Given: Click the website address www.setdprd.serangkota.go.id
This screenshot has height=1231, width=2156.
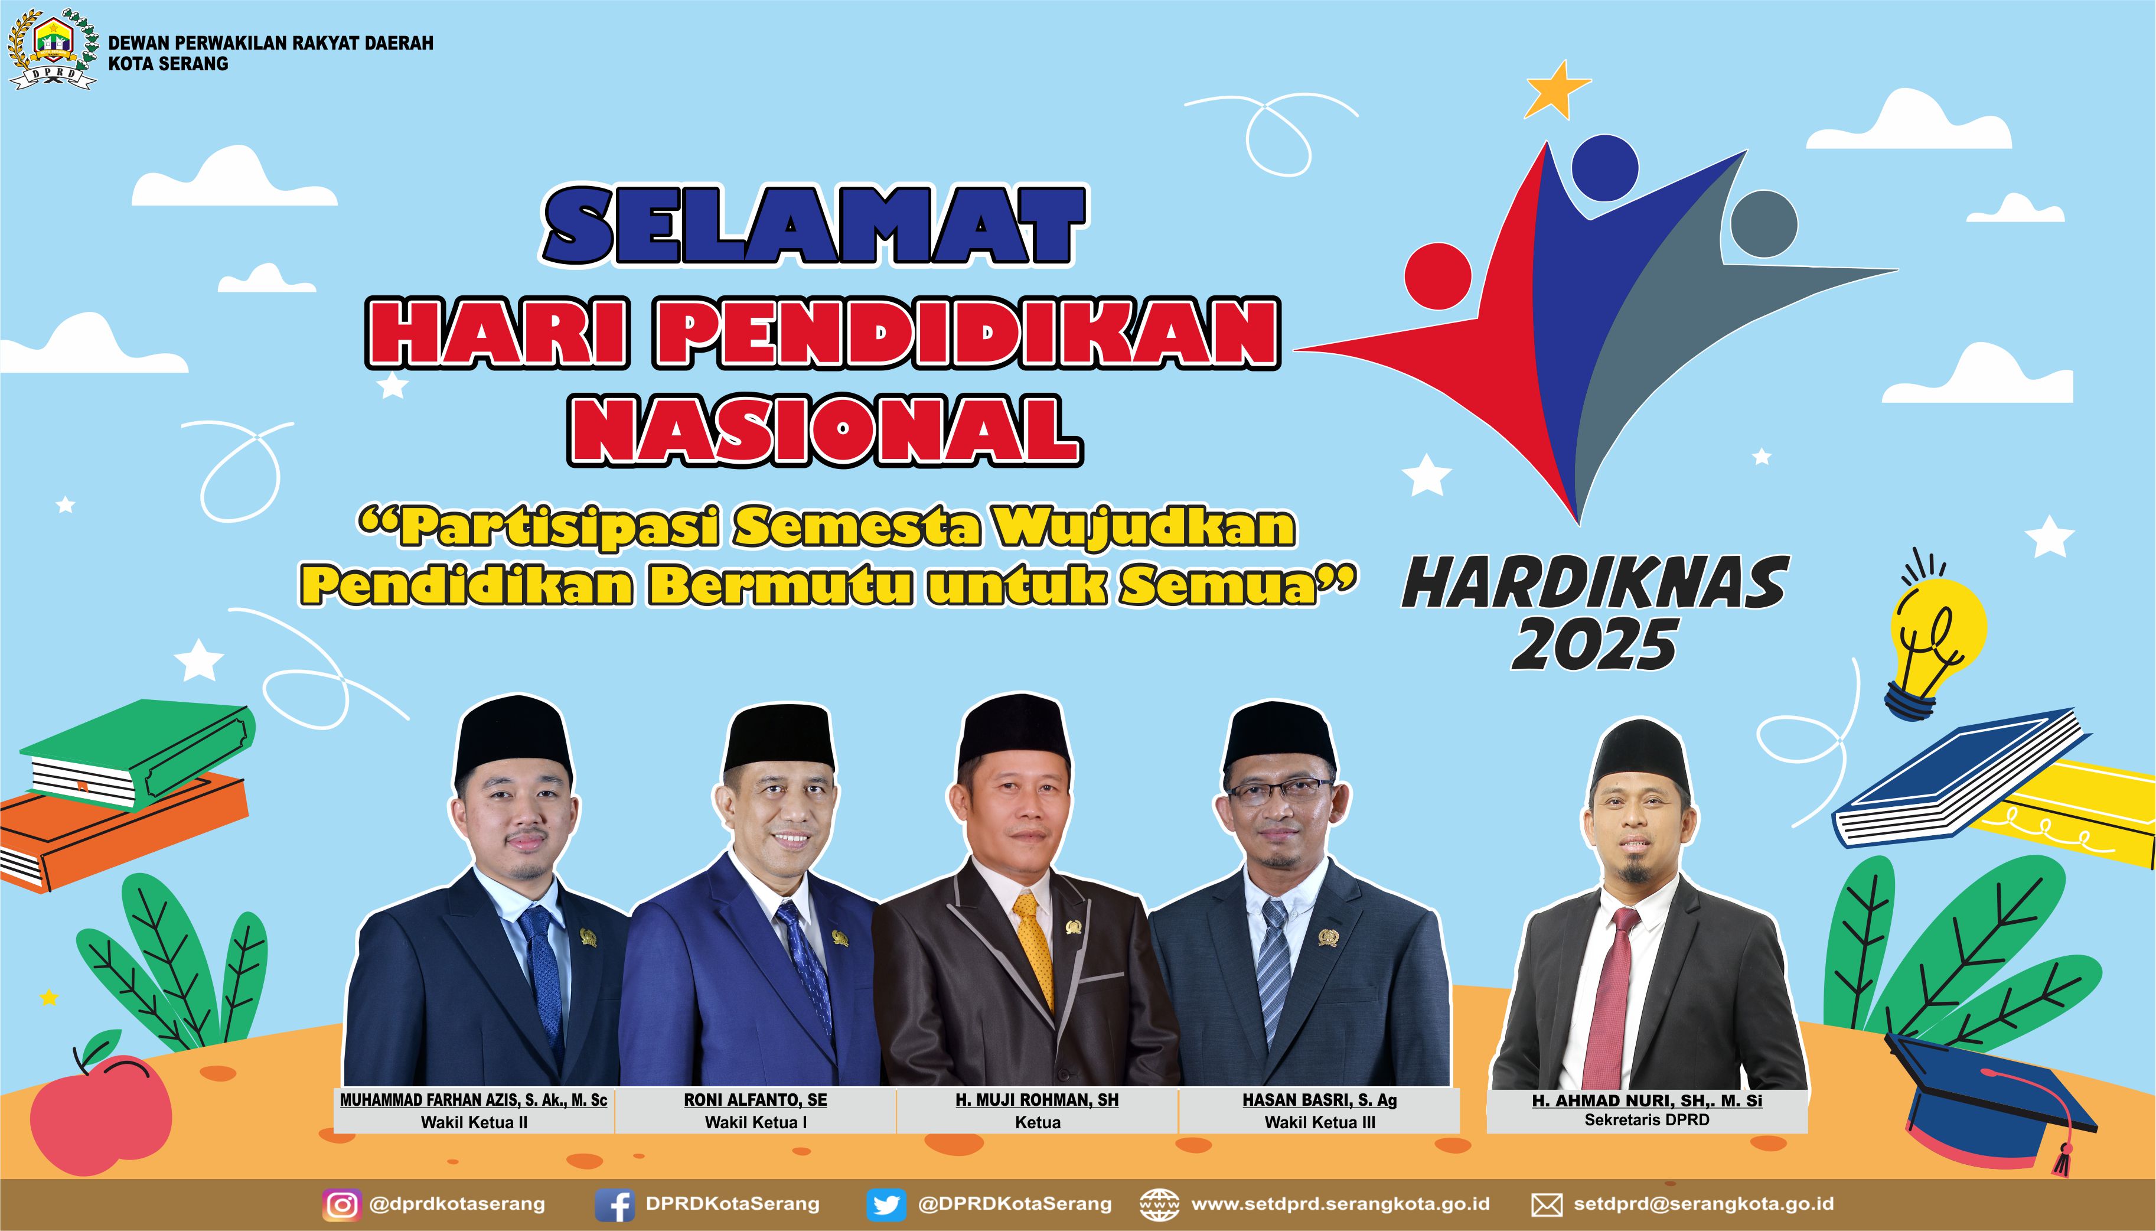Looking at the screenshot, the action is coord(1340,1204).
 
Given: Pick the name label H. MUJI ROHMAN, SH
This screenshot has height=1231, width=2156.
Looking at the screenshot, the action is coord(1037,1100).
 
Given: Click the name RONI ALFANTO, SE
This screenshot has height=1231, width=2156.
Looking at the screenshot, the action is coord(755,1100).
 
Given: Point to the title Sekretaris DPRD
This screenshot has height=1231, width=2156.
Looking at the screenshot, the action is coord(1646,1120).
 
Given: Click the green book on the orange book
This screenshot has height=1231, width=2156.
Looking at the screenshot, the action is coord(136,755).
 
